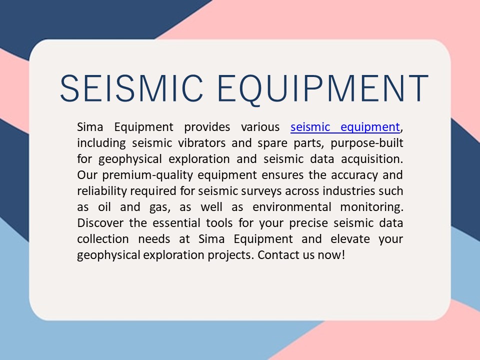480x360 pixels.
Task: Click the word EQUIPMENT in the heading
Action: pyautogui.click(x=323, y=88)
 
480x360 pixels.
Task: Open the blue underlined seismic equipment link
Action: pyautogui.click(x=345, y=127)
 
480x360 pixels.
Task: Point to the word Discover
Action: pyautogui.click(x=99, y=223)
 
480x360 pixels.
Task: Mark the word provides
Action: pyautogui.click(x=207, y=127)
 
